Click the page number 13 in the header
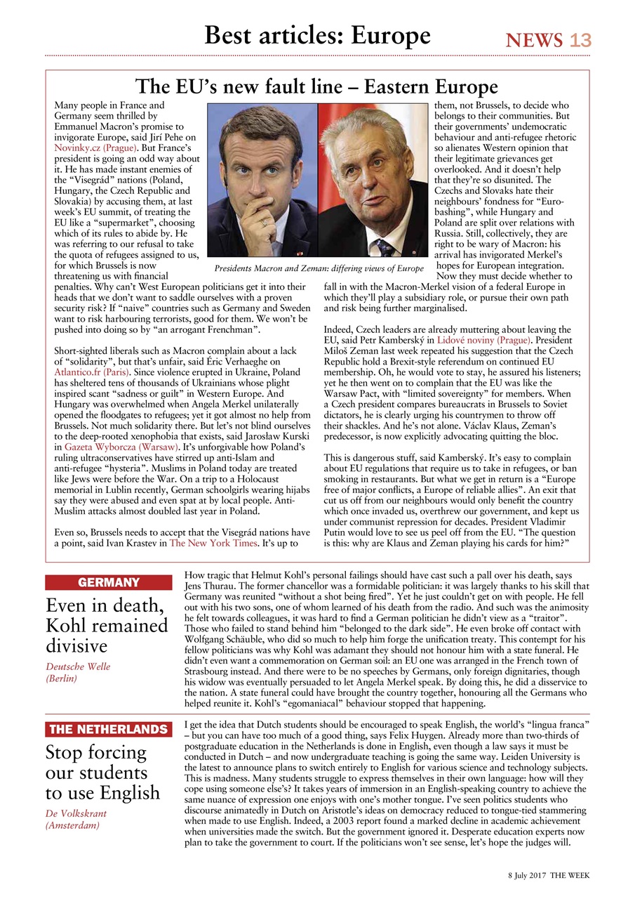coord(580,41)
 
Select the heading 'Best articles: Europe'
coord(317,35)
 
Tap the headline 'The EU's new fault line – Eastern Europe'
coord(316,87)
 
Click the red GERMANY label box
coord(108,582)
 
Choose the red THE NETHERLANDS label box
coord(108,729)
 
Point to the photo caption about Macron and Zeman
coord(319,268)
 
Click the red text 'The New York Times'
coord(213,542)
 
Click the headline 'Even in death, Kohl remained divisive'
coord(107,625)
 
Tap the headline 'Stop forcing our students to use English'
coord(102,773)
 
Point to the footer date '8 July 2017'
coord(527,876)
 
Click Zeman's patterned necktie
coord(385,246)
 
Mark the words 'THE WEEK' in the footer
coord(570,876)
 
